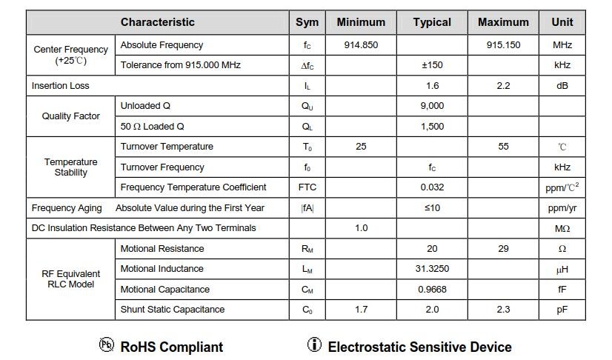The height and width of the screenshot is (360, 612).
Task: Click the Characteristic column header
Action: pyautogui.click(x=157, y=22)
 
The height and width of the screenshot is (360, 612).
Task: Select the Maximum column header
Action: pyautogui.click(x=503, y=22)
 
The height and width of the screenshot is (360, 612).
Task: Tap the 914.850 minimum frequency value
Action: pyautogui.click(x=361, y=45)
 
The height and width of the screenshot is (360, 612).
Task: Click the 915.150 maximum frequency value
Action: pyautogui.click(x=503, y=45)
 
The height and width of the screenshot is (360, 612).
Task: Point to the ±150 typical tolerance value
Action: pyautogui.click(x=432, y=65)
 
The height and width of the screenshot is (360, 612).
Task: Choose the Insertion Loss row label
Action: pyautogui.click(x=60, y=86)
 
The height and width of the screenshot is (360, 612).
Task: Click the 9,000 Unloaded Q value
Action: pyautogui.click(x=432, y=106)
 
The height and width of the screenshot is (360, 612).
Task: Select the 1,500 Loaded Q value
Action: pyautogui.click(x=432, y=127)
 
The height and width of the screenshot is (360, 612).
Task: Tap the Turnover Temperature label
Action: pyautogui.click(x=167, y=147)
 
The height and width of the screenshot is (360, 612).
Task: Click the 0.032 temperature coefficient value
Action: pyautogui.click(x=432, y=187)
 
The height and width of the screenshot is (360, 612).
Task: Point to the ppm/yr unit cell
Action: pyautogui.click(x=562, y=208)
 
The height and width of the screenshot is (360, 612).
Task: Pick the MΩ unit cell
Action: pyautogui.click(x=562, y=228)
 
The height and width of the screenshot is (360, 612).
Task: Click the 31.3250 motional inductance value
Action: pyautogui.click(x=432, y=269)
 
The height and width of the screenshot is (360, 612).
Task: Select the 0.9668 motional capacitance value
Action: pyautogui.click(x=432, y=290)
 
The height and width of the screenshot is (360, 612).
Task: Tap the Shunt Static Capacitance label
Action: pyautogui.click(x=173, y=310)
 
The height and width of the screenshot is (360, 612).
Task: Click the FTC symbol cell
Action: pyautogui.click(x=307, y=187)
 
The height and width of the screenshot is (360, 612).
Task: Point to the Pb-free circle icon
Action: pyautogui.click(x=106, y=344)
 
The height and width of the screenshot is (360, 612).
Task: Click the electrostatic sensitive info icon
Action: pyautogui.click(x=314, y=344)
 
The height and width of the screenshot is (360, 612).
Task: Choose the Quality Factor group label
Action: pyautogui.click(x=70, y=116)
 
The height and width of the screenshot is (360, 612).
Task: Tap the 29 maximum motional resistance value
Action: pyautogui.click(x=503, y=249)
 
